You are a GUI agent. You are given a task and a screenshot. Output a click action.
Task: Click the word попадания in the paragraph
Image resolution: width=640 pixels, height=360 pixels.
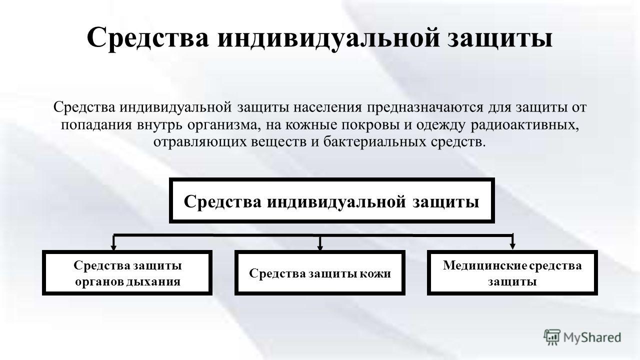coord(96,125)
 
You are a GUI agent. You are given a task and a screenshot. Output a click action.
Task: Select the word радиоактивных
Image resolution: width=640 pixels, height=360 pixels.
coord(524,125)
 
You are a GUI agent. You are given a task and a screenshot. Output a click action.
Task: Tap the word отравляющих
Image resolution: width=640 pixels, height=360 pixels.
coord(199,142)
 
